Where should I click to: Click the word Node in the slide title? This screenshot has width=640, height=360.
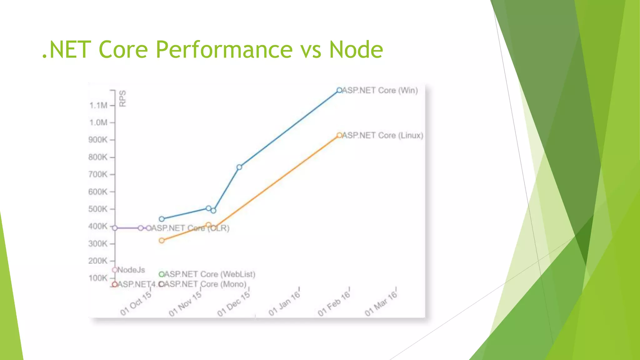click(x=356, y=50)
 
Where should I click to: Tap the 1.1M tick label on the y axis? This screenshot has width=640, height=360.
click(x=98, y=106)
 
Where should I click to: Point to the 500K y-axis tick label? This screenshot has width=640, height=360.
click(x=97, y=209)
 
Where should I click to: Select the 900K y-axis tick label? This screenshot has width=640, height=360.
click(x=97, y=140)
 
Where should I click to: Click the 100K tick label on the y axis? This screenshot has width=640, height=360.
click(x=98, y=278)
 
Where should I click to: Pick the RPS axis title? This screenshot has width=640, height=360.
click(x=123, y=98)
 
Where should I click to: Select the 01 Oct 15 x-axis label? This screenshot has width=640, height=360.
click(x=136, y=303)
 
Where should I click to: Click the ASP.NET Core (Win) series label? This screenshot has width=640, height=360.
click(x=380, y=90)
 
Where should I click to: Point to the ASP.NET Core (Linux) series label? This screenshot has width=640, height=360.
click(x=383, y=135)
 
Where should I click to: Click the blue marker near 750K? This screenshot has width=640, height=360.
click(x=239, y=167)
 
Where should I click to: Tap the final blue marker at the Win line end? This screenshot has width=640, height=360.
click(x=339, y=90)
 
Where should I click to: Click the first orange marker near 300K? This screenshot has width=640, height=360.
click(x=162, y=241)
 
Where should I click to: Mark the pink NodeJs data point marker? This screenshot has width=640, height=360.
click(x=115, y=270)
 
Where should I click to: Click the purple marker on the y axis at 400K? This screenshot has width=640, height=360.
click(x=115, y=228)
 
